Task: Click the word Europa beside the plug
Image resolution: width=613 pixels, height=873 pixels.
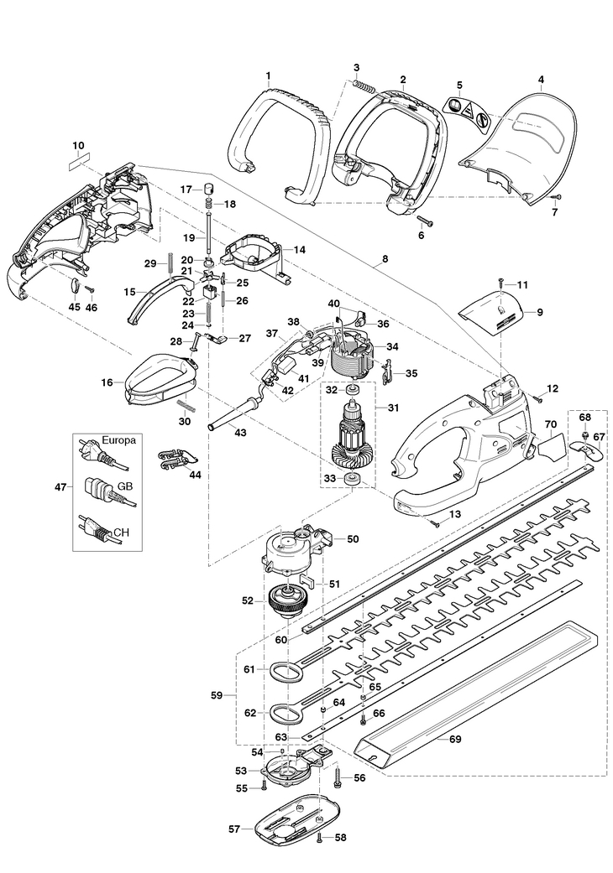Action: click(118, 439)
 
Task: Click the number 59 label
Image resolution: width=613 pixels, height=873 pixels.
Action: click(217, 695)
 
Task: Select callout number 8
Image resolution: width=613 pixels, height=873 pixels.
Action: click(385, 260)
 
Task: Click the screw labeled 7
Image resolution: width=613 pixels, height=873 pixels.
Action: click(557, 196)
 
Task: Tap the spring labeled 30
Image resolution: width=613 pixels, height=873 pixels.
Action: click(186, 403)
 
